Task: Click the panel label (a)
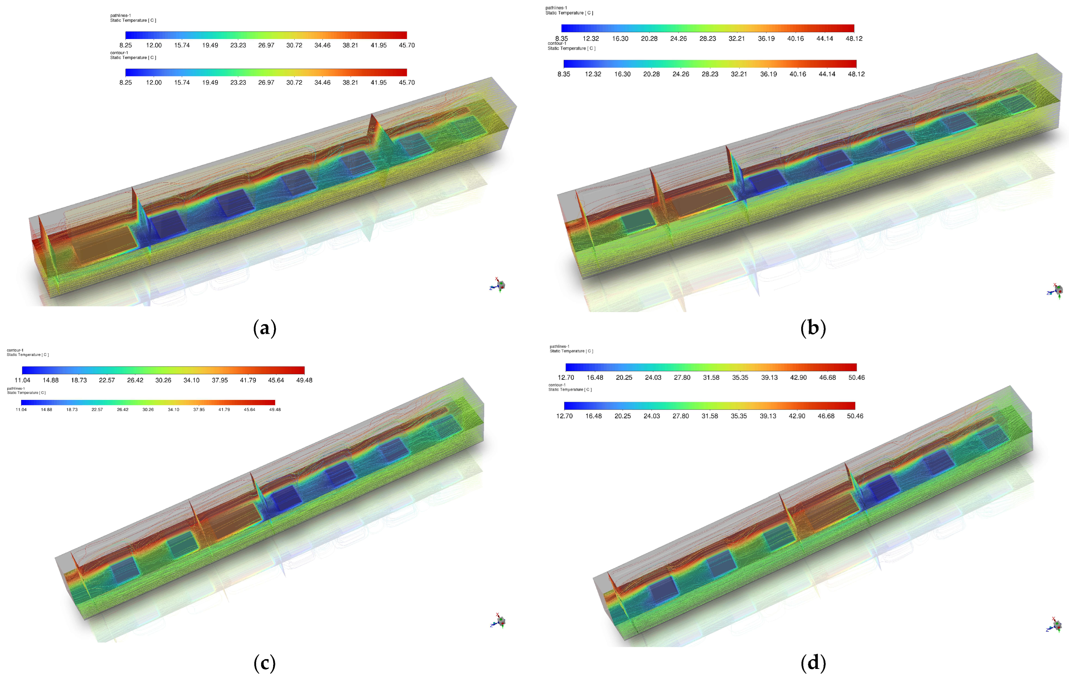pyautogui.click(x=265, y=328)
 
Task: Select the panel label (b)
pyautogui.click(x=813, y=328)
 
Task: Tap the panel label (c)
pyautogui.click(x=265, y=664)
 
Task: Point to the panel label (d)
pyautogui.click(x=813, y=664)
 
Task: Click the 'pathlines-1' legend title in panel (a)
pyautogui.click(x=120, y=15)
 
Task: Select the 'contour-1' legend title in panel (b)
pyautogui.click(x=557, y=43)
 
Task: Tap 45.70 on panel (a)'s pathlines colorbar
pyautogui.click(x=407, y=45)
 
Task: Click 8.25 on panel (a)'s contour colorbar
pyautogui.click(x=126, y=83)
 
